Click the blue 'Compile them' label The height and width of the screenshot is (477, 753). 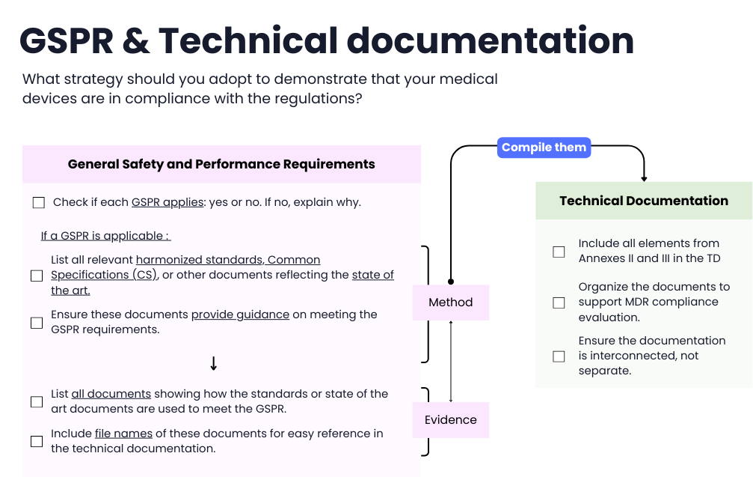click(544, 148)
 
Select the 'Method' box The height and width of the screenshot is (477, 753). click(451, 303)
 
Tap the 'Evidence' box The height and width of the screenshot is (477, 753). click(451, 419)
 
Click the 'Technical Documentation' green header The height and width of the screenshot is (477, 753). click(644, 201)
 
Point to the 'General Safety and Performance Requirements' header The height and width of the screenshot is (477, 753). click(221, 164)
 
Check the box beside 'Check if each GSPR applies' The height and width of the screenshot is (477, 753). click(39, 203)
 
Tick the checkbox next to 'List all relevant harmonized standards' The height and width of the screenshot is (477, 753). click(37, 276)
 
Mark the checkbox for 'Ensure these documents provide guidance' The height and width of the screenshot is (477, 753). click(37, 323)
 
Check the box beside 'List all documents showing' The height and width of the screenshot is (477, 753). click(37, 402)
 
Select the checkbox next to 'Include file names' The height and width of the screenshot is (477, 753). click(37, 442)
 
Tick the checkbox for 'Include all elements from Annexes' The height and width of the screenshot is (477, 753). click(559, 252)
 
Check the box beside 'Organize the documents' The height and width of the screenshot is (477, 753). click(559, 303)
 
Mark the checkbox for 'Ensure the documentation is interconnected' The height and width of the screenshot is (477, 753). click(559, 356)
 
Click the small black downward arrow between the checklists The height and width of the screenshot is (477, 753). click(214, 363)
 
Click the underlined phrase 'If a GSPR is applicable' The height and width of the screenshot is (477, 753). click(105, 236)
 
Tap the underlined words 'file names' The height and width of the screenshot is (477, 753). click(123, 434)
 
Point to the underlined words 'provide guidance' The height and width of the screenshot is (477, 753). click(240, 315)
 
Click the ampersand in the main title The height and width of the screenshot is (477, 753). click(135, 40)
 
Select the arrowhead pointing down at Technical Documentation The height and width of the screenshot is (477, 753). click(644, 178)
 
